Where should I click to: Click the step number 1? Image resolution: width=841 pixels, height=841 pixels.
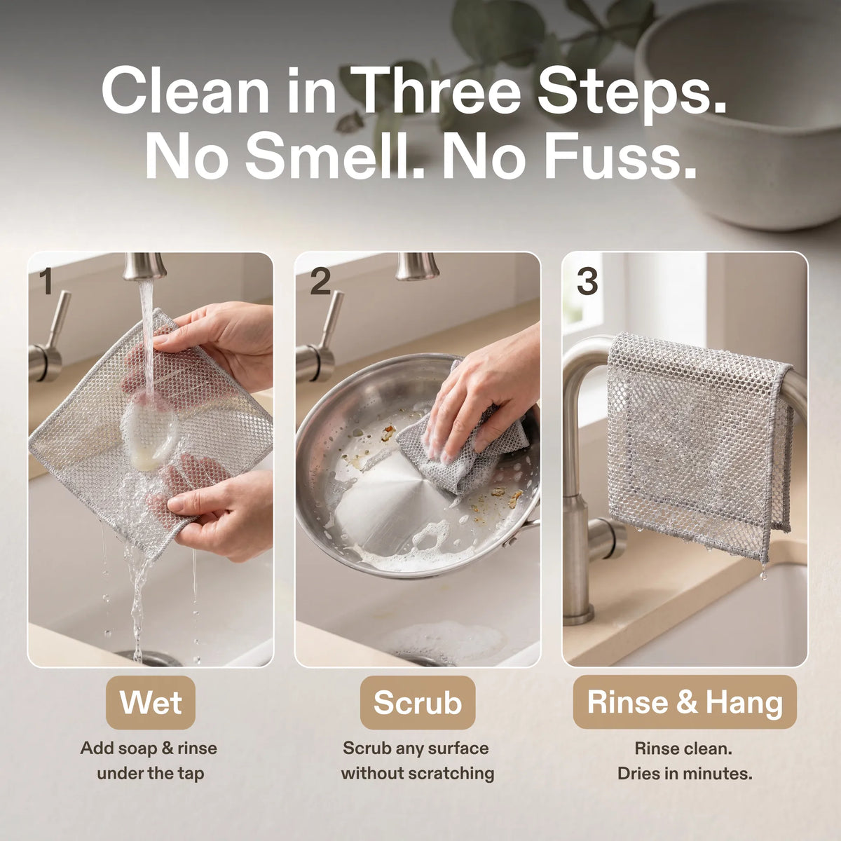(46, 282)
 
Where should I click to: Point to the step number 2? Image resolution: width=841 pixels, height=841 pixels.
(320, 282)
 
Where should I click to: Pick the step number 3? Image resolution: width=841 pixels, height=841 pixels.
(587, 282)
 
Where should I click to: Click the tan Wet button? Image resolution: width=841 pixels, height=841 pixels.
(151, 703)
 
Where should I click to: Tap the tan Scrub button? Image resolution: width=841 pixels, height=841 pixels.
(418, 703)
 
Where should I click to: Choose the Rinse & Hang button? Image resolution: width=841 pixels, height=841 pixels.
(685, 702)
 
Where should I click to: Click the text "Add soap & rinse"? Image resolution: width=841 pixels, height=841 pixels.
(149, 748)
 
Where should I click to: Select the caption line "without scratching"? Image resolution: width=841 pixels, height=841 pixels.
(418, 773)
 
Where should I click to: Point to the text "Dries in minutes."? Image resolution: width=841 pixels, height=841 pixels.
(685, 773)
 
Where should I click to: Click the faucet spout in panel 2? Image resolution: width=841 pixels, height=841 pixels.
(417, 266)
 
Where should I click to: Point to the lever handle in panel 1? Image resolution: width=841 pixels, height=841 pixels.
(50, 339)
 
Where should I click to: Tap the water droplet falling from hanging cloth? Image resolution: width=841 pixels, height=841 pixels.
(764, 575)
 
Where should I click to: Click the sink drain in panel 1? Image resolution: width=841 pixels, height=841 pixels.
(151, 658)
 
